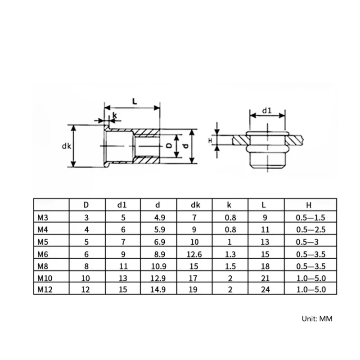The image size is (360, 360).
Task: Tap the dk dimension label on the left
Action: [x=67, y=146]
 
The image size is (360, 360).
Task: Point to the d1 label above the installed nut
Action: [x=267, y=111]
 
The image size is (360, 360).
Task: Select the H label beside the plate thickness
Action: [x=210, y=140]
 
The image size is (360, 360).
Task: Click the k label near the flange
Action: [x=115, y=116]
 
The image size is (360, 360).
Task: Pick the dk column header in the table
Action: [x=195, y=205]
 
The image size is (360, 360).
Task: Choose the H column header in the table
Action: [x=309, y=205]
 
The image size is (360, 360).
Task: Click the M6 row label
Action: [x=43, y=254]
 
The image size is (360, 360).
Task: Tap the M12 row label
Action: [x=45, y=289]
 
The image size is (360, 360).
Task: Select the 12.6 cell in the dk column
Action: [x=194, y=254]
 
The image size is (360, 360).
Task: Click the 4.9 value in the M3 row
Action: [x=160, y=217]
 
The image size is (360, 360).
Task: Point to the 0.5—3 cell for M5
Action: [x=307, y=242]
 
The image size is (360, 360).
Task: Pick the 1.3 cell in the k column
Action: [x=230, y=254]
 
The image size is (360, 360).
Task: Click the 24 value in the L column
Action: [x=265, y=289]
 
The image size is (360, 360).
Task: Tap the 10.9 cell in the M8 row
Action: [x=159, y=266]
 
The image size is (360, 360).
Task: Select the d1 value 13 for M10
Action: [x=123, y=278]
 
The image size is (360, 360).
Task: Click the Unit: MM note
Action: [x=317, y=319]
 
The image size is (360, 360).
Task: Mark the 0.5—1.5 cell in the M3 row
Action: [x=310, y=217]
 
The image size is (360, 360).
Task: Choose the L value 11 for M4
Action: [x=265, y=229]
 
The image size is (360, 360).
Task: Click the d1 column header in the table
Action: [x=122, y=205]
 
